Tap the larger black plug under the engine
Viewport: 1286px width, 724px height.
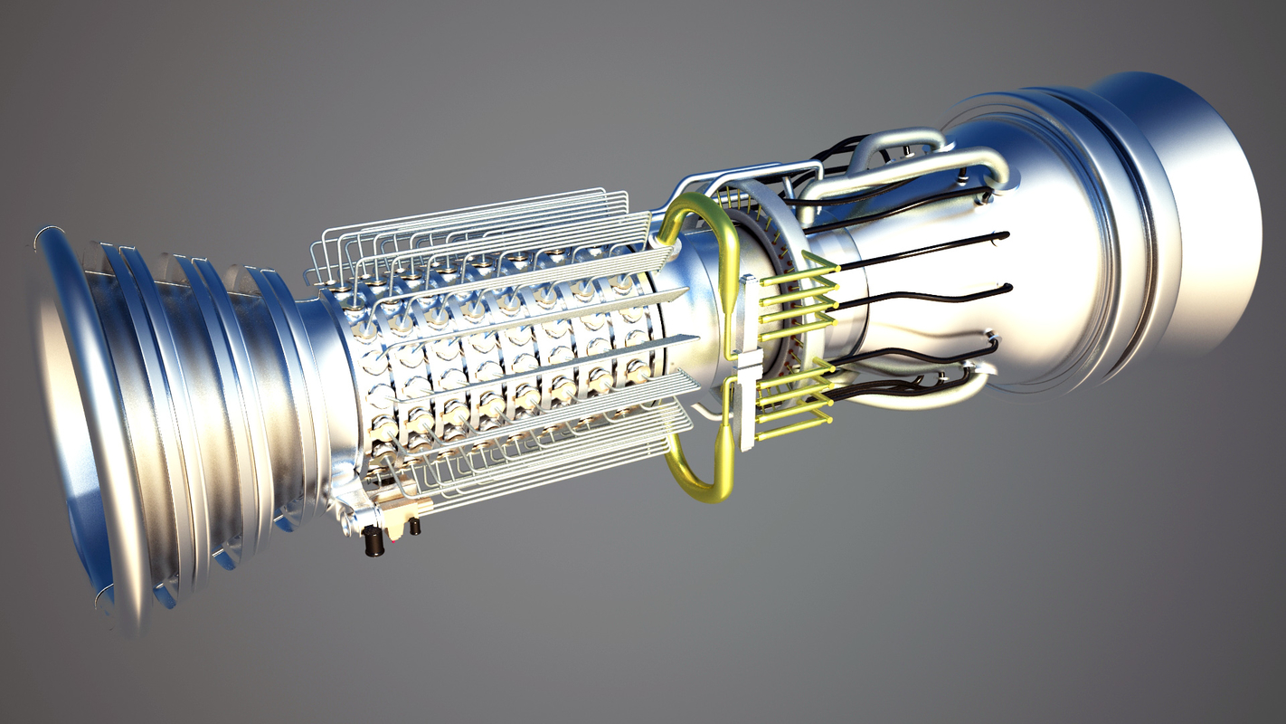pos(373,543)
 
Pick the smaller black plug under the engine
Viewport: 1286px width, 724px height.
pos(414,526)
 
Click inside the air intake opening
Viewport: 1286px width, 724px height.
pos(68,425)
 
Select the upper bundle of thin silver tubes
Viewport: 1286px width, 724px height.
pos(470,226)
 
